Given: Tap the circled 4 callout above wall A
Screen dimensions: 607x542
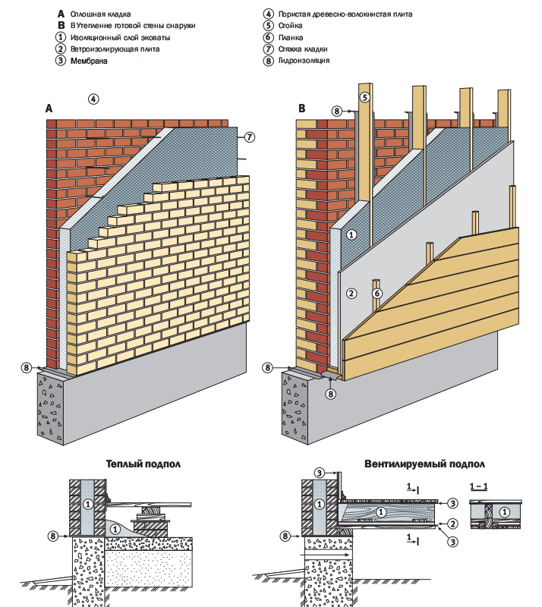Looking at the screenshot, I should click(x=93, y=99).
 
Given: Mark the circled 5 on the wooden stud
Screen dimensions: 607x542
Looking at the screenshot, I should click(x=364, y=97).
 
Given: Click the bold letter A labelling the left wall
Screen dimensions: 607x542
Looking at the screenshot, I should click(x=49, y=109).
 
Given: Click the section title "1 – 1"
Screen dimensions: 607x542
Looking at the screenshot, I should click(x=479, y=484).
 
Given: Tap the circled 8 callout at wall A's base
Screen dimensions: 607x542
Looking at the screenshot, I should click(x=27, y=368).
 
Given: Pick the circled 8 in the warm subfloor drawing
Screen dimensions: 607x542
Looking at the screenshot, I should click(x=54, y=536).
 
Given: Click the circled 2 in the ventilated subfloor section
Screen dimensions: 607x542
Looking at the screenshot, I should click(x=452, y=524).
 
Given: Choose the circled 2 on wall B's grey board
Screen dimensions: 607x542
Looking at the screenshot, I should click(x=351, y=292).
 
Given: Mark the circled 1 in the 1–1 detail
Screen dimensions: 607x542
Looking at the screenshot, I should click(x=506, y=514).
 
